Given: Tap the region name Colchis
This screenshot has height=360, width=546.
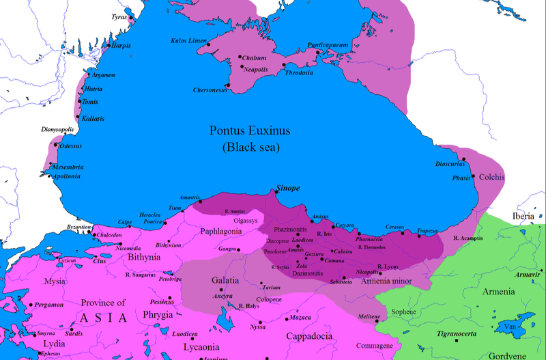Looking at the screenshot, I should pyautogui.click(x=491, y=177).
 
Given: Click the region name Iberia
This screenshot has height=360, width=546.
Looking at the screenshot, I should pyautogui.click(x=523, y=217).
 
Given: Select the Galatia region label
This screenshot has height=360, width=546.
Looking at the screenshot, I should pyautogui.click(x=225, y=280).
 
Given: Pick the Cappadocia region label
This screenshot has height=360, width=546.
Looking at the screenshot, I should pyautogui.click(x=309, y=336).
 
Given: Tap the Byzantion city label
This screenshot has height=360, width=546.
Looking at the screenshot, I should pyautogui.click(x=78, y=226).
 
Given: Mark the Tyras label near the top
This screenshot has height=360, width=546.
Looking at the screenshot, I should pyautogui.click(x=119, y=16).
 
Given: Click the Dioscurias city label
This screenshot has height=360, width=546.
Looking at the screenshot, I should pyautogui.click(x=450, y=165).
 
